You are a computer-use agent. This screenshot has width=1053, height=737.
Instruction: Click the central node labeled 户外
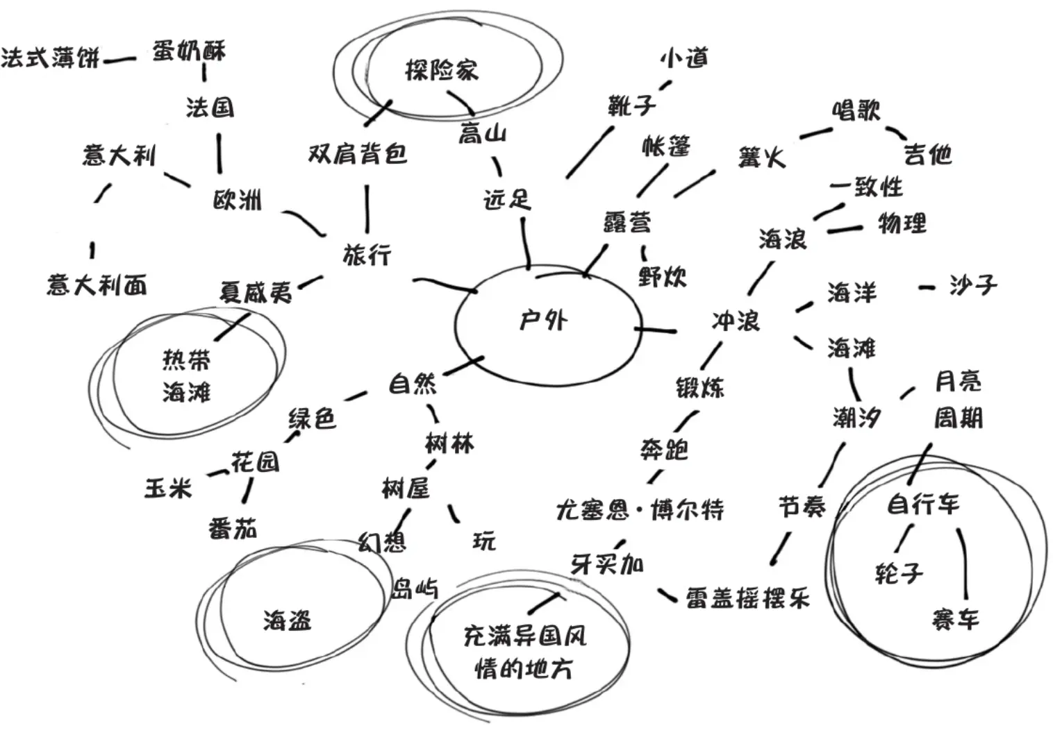[543, 321]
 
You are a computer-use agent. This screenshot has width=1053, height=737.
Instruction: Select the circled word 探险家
[442, 70]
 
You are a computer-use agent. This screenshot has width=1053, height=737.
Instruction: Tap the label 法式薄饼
[50, 58]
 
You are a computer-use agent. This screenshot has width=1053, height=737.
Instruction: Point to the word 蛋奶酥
[189, 51]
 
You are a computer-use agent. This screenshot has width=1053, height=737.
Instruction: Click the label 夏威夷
[256, 292]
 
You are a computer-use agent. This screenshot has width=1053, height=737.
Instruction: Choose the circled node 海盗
[287, 620]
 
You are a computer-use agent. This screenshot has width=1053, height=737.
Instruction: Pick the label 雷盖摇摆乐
[747, 598]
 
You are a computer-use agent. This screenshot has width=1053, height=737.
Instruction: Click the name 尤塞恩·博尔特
[640, 510]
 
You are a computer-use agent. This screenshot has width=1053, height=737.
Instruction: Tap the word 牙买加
[606, 564]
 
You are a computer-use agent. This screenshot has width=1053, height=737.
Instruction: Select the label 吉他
[927, 154]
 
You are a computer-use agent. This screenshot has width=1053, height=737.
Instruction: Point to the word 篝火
[762, 158]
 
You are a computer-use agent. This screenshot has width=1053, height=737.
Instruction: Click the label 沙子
[972, 285]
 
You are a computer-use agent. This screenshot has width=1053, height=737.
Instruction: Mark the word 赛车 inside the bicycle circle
[955, 618]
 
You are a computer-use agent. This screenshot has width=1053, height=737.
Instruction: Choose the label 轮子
[899, 573]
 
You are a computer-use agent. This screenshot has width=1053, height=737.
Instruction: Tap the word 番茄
[233, 529]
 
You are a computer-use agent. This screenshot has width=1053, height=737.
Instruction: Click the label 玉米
[167, 488]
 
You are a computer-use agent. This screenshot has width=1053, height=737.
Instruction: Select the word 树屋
[406, 488]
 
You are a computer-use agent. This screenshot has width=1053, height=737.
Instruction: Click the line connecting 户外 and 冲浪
[656, 330]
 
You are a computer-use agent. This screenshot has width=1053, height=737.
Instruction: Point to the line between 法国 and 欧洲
[219, 153]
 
